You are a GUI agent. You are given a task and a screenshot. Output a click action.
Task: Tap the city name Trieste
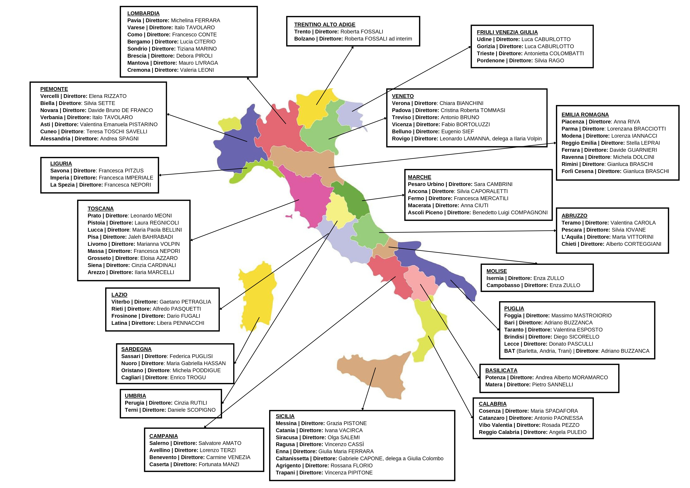point(485,53)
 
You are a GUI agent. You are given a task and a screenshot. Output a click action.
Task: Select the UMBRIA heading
point(135,396)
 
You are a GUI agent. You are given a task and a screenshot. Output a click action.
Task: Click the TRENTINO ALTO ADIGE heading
point(325,25)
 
